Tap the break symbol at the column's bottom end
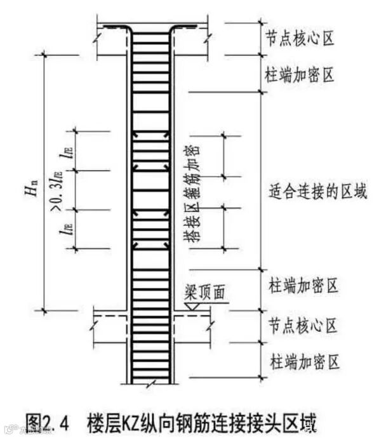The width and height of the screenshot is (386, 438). click(x=150, y=382)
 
